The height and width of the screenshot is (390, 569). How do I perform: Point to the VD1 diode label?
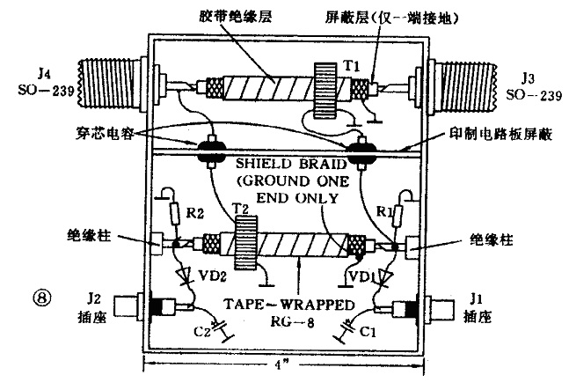364,276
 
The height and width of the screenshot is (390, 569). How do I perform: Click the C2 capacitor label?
203,329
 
